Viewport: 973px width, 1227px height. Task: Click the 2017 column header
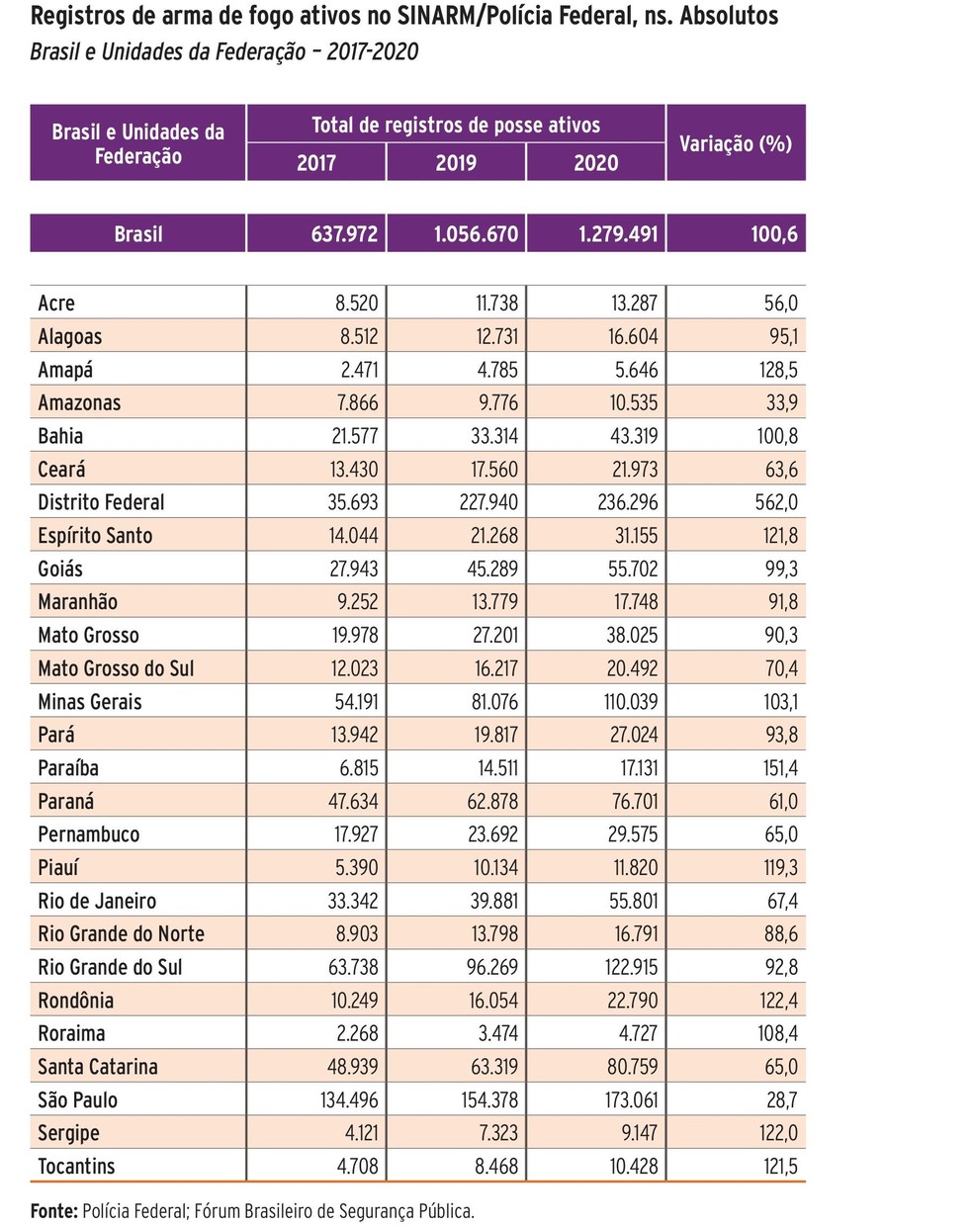pos(316,163)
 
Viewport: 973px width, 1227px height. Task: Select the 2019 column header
pos(456,163)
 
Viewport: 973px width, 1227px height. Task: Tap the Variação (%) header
pos(736,143)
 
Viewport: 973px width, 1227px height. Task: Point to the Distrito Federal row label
pos(101,502)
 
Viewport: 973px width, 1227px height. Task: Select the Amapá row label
pos(65,370)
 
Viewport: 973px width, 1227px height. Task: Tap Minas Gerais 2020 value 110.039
pos(631,702)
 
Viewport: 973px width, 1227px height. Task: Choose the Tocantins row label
pos(76,1166)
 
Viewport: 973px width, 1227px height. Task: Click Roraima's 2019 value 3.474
pos(496,1033)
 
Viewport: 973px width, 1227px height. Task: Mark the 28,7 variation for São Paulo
pos(780,1099)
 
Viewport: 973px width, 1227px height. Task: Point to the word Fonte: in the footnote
pos(53,1210)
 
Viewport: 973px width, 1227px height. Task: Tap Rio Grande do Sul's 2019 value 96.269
pos(491,967)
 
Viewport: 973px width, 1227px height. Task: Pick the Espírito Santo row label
pos(95,536)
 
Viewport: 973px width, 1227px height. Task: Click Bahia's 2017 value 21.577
pos(352,436)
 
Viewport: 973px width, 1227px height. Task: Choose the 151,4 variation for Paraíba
pos(779,768)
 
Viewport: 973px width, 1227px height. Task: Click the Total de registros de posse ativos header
pos(456,126)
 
